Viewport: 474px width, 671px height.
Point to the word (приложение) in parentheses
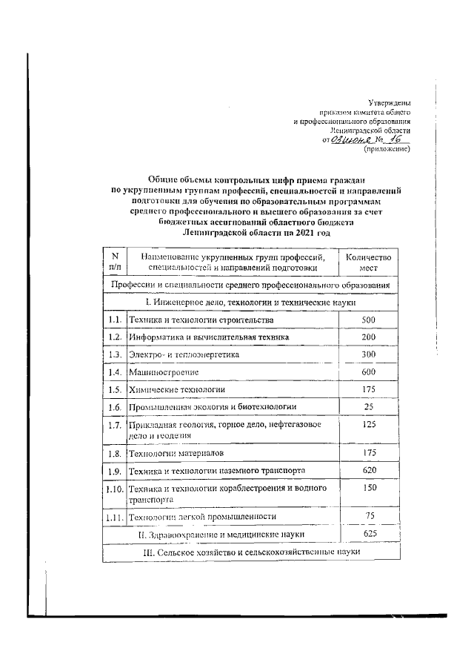tap(386, 149)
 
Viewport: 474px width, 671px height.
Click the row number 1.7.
tap(113, 426)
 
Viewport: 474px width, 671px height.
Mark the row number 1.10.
tap(113, 489)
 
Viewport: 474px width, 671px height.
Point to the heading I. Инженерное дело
tap(251, 303)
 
